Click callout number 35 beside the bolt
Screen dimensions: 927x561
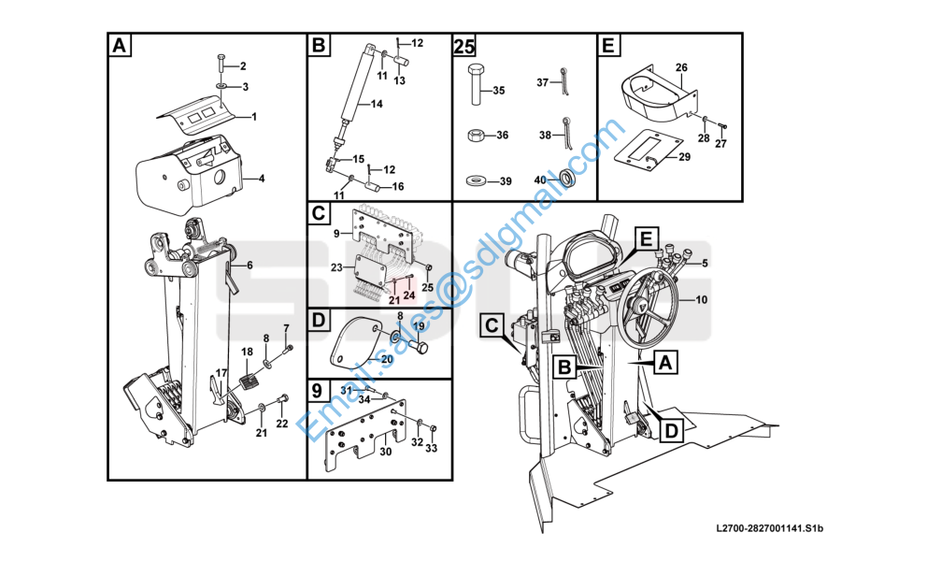click(499, 91)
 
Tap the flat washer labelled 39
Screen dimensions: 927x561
click(477, 180)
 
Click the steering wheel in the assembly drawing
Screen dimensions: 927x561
click(649, 306)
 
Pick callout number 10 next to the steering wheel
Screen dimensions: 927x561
click(701, 299)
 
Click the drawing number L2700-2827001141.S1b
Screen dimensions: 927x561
click(769, 528)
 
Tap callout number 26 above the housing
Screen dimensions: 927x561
click(681, 67)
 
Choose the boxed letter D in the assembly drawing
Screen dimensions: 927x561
click(672, 430)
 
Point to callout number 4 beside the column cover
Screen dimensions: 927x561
click(262, 179)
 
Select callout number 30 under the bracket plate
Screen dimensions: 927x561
click(385, 452)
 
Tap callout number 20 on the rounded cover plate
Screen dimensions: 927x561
click(387, 358)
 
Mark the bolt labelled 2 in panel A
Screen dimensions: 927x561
click(221, 64)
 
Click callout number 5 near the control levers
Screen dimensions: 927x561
click(704, 263)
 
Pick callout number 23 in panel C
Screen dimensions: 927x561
click(336, 267)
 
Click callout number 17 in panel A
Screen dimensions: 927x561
click(221, 373)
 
